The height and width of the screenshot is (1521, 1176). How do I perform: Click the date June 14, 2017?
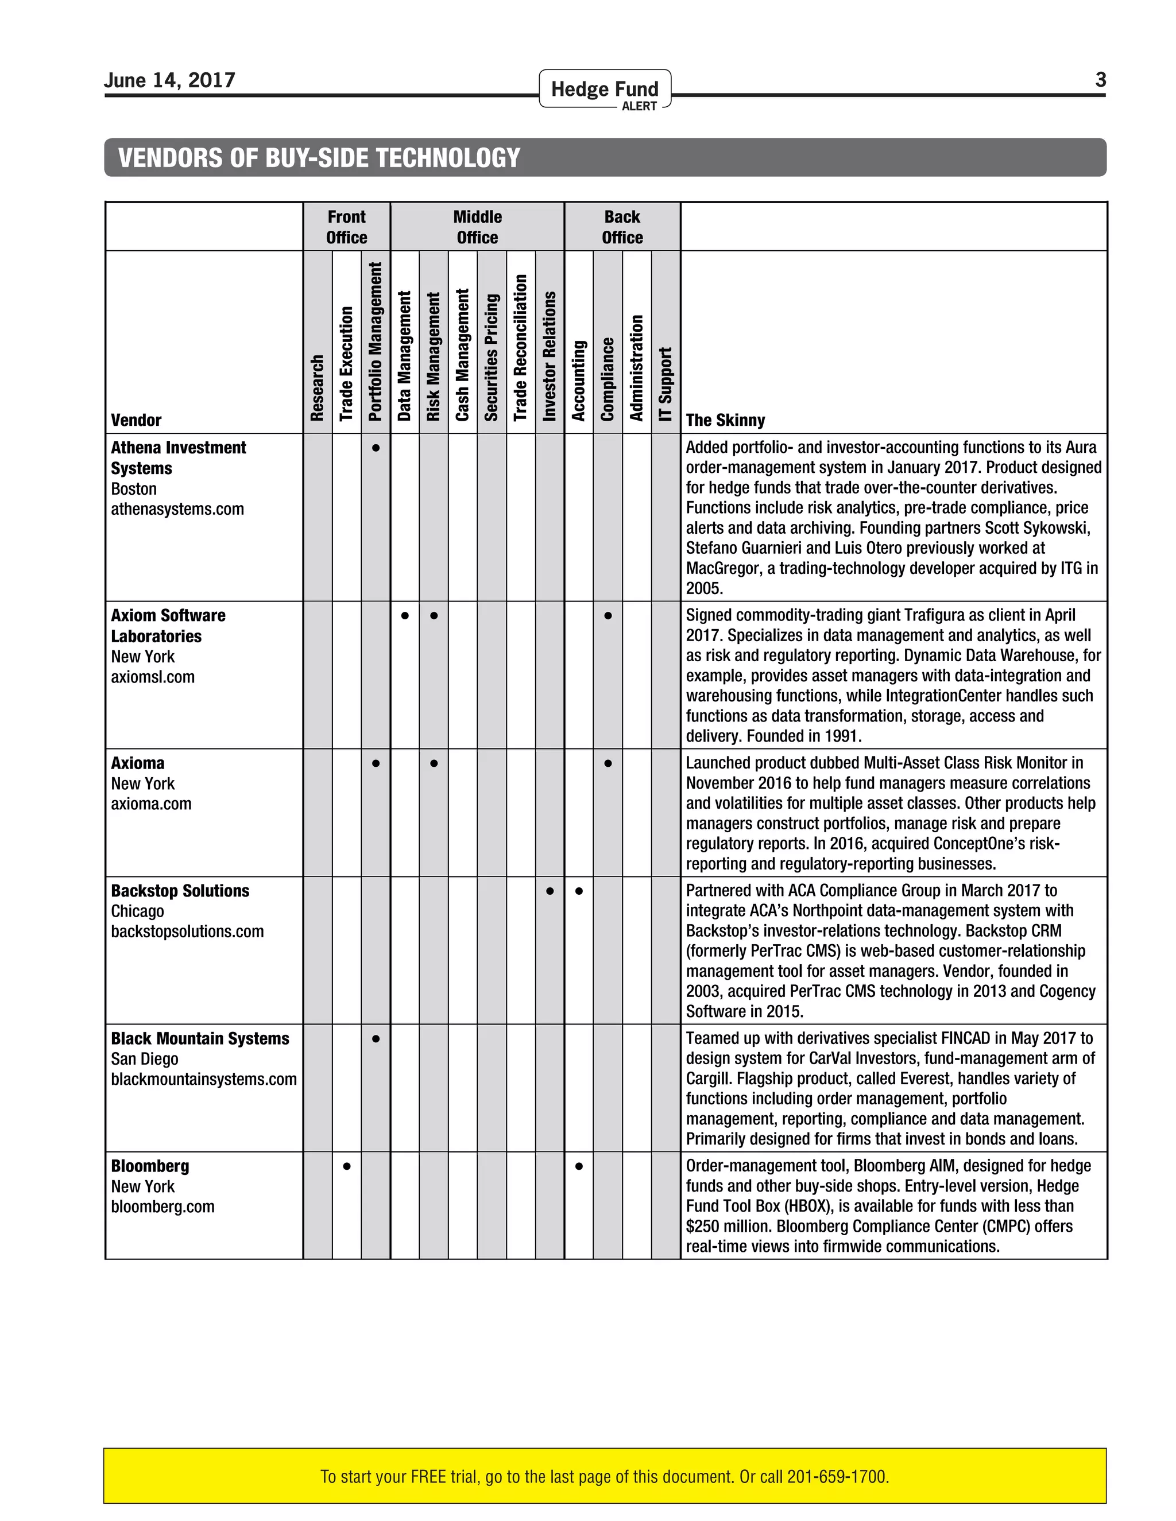point(169,80)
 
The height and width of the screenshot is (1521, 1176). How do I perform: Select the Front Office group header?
point(346,227)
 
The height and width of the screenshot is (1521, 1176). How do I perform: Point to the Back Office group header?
point(622,227)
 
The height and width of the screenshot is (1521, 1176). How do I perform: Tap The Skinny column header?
point(725,420)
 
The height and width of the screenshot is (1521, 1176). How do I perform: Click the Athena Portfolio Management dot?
point(376,448)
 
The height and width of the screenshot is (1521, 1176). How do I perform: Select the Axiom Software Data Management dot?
point(405,616)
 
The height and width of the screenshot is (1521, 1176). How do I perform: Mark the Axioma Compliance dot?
point(608,763)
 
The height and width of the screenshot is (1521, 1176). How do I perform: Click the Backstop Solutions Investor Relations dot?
point(550,891)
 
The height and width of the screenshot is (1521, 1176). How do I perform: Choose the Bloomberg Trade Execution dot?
point(346,1166)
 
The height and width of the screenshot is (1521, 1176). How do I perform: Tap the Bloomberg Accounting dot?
point(579,1166)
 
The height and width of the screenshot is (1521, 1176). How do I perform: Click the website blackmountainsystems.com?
point(203,1079)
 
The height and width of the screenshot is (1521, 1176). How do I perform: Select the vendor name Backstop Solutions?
point(180,891)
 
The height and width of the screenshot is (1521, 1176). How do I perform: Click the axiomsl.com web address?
point(153,677)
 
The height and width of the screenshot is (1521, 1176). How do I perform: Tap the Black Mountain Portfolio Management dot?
point(376,1038)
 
